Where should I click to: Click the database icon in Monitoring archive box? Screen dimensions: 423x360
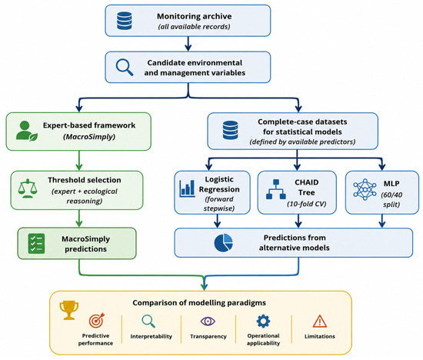(x=125, y=21)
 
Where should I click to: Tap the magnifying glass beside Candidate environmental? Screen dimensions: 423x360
(x=125, y=67)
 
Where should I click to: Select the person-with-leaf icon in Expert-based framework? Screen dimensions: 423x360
(x=26, y=131)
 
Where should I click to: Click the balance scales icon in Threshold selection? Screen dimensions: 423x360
(x=28, y=188)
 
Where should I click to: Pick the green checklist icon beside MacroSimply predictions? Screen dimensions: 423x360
(x=36, y=243)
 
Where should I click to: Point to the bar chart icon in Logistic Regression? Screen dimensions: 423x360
(x=187, y=188)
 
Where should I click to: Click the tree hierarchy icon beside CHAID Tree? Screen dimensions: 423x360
(x=275, y=189)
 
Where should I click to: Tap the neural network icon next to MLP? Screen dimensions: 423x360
(x=365, y=189)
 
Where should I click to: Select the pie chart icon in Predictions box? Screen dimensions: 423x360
(x=223, y=243)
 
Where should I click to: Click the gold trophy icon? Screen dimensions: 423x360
(x=69, y=310)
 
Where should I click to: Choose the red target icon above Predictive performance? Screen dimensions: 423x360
(x=97, y=320)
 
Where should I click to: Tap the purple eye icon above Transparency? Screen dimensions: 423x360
(x=208, y=321)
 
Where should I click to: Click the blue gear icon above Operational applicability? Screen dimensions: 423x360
(x=263, y=321)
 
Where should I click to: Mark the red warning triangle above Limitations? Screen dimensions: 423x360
(x=320, y=321)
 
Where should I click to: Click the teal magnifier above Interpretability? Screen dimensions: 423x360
(x=148, y=321)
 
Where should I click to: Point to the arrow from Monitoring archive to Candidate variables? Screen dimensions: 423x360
(x=188, y=44)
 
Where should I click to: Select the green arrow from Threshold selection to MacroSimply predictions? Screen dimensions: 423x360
(x=79, y=218)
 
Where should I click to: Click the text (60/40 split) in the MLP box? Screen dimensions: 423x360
(x=391, y=199)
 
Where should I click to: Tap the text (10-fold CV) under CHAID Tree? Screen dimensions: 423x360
(x=306, y=204)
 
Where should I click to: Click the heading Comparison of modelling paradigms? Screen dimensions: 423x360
(x=199, y=303)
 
